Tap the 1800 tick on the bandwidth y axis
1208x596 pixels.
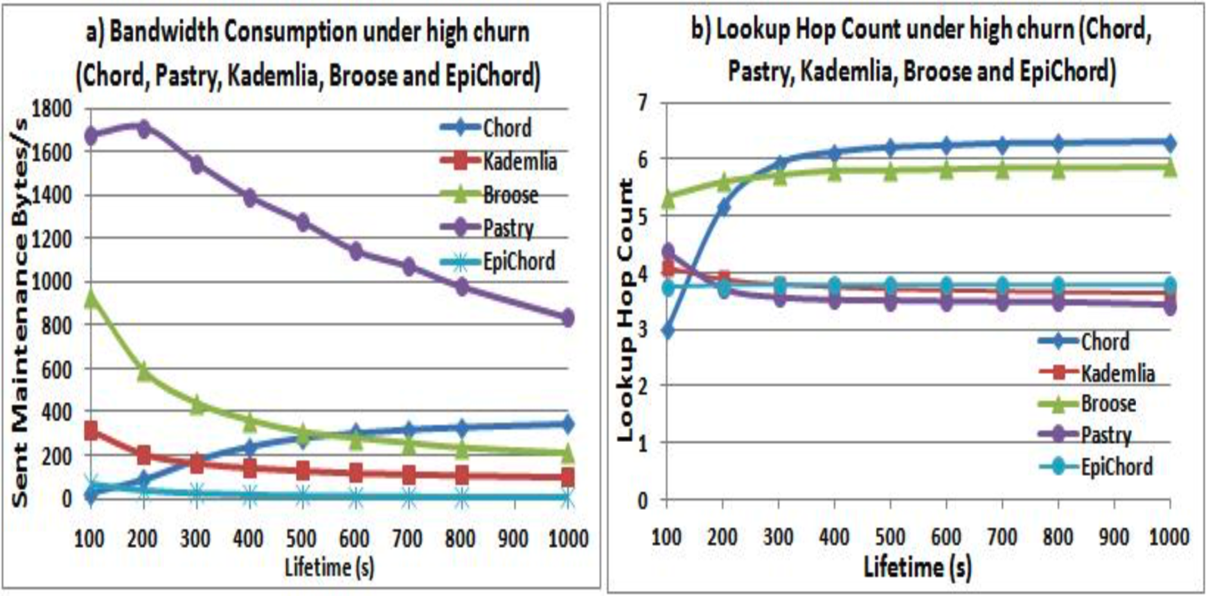[53, 107]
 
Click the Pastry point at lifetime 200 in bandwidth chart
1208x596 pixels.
[143, 128]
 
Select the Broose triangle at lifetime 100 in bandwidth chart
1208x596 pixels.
[91, 298]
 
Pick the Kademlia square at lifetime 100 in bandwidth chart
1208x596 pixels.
[91, 430]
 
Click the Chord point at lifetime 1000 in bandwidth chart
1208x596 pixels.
[567, 424]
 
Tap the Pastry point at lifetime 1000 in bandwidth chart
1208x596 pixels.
[567, 317]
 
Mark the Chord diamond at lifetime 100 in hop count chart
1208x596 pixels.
[667, 331]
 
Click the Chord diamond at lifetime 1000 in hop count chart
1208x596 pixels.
[1169, 143]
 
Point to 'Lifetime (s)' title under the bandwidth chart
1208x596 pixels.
[329, 567]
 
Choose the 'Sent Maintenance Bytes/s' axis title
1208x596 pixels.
[21, 315]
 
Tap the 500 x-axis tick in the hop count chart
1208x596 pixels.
[890, 536]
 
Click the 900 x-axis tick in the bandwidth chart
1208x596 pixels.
[513, 538]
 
